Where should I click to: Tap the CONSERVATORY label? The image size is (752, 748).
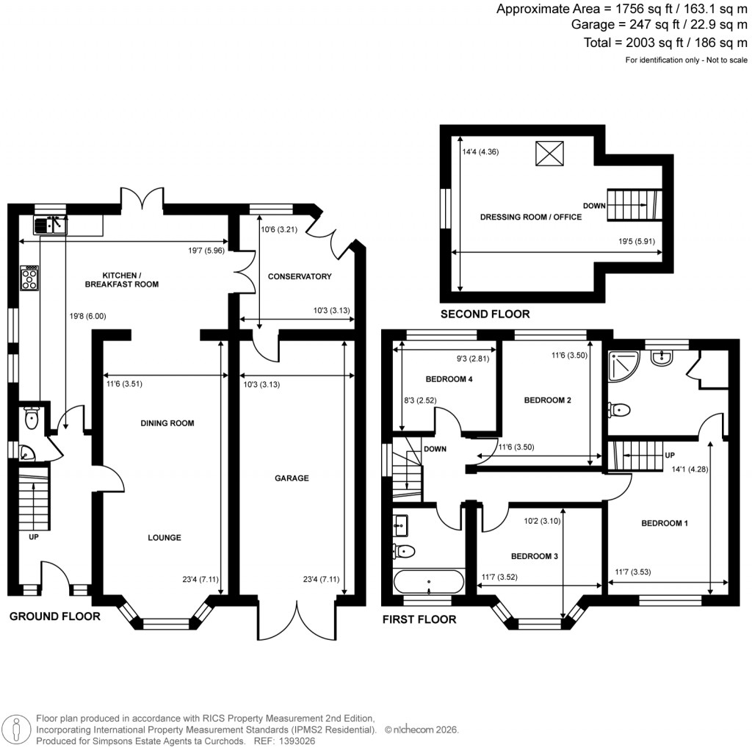300,276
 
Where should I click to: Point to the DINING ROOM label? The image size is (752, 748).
167,423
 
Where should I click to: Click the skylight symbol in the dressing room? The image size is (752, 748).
547,154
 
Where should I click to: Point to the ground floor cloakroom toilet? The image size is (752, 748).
31,419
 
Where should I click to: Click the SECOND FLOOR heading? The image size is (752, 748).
484,314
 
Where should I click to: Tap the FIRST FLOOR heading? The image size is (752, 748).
419,619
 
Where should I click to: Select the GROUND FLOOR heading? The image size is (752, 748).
54,616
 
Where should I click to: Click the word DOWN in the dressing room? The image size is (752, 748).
594,205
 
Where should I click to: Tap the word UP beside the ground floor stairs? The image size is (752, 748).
33,538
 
